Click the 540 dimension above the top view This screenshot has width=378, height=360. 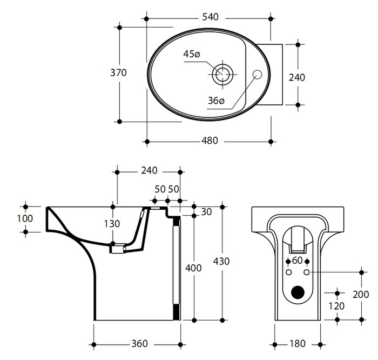210,17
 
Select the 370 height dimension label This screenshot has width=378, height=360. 118,72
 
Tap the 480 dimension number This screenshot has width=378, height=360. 210,141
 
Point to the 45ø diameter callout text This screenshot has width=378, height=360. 192,54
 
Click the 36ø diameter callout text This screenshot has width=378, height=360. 216,101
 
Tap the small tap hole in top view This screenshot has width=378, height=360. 258,75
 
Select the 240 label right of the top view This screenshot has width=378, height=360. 296,77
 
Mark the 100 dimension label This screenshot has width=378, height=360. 25,218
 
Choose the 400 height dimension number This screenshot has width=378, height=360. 193,268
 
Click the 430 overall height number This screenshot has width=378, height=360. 221,261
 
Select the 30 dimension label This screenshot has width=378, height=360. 206,212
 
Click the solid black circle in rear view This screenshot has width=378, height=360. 297,292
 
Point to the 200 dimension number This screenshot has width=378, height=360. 361,295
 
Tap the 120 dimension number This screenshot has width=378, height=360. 336,305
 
